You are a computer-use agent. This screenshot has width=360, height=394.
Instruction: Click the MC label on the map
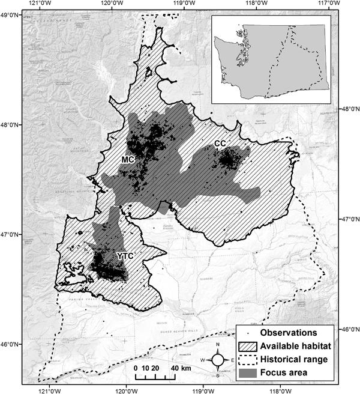tap(127, 160)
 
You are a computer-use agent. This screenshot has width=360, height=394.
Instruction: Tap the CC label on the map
tap(220, 144)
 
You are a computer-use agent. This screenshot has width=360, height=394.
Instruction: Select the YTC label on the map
tap(124, 256)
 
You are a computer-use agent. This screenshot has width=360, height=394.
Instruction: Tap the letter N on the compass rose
tap(218, 345)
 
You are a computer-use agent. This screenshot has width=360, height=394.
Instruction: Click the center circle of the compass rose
tap(218, 359)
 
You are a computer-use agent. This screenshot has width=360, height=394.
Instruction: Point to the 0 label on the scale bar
tap(137, 368)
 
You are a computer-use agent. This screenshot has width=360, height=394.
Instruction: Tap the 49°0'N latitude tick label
tap(11, 14)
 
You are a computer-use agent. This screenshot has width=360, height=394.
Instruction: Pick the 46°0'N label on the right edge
tap(350, 330)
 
